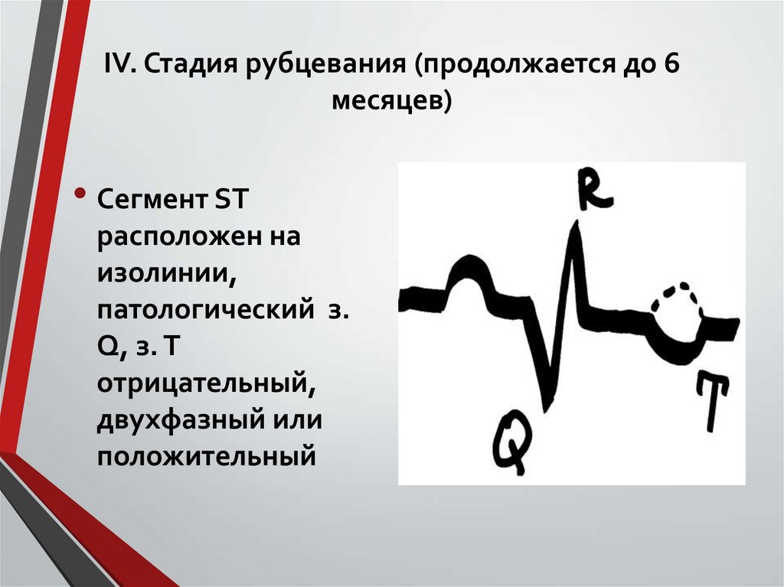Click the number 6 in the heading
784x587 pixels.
(671, 67)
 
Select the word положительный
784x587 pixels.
(206, 456)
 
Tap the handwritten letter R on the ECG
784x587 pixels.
(593, 188)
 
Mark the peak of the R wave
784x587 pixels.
(576, 228)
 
